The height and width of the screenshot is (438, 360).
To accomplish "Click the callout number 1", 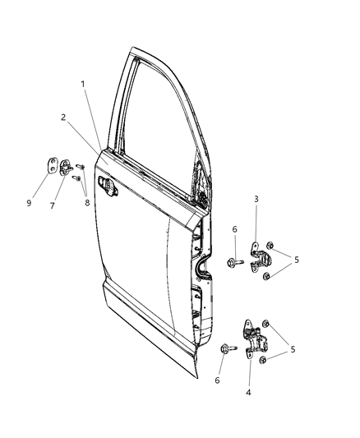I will tap(83, 84).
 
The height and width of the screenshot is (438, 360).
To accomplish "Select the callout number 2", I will tap(63, 117).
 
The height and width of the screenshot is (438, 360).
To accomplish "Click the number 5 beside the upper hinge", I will tap(297, 260).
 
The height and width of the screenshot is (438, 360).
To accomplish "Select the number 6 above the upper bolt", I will tap(234, 229).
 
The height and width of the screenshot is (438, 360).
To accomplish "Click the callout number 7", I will tap(52, 205).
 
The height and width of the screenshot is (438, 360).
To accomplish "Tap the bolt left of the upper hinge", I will tap(232, 263).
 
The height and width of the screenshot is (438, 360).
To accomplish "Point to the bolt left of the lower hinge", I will tap(225, 349).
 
